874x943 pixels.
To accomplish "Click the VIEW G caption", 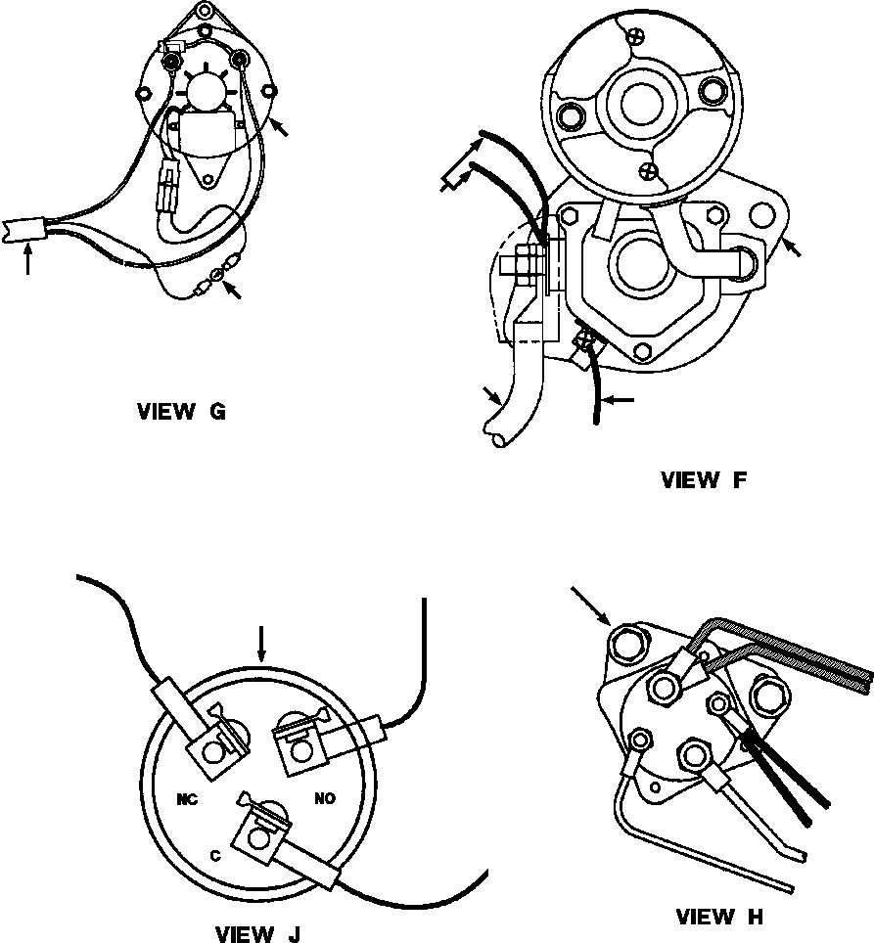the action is (x=182, y=412).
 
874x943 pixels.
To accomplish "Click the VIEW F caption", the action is (x=704, y=480).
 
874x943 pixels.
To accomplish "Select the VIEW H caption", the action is (x=720, y=917).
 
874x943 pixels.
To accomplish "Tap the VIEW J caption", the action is (x=257, y=934).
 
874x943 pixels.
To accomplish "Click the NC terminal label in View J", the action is (x=187, y=799).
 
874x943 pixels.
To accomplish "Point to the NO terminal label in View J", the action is (x=325, y=798).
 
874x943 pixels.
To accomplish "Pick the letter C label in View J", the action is (x=215, y=856).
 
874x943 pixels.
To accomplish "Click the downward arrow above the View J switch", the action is (x=260, y=644).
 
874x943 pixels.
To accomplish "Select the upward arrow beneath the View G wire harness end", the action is (x=27, y=258).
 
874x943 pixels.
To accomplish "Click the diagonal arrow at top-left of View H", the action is (x=591, y=606).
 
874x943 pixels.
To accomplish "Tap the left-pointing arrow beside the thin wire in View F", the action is (x=619, y=399).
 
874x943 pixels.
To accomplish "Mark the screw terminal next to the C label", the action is (x=258, y=838).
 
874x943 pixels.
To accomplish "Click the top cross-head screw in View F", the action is (x=635, y=36).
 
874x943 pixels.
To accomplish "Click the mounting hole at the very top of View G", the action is (x=206, y=10).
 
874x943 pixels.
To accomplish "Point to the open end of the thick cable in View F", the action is (x=499, y=440).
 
